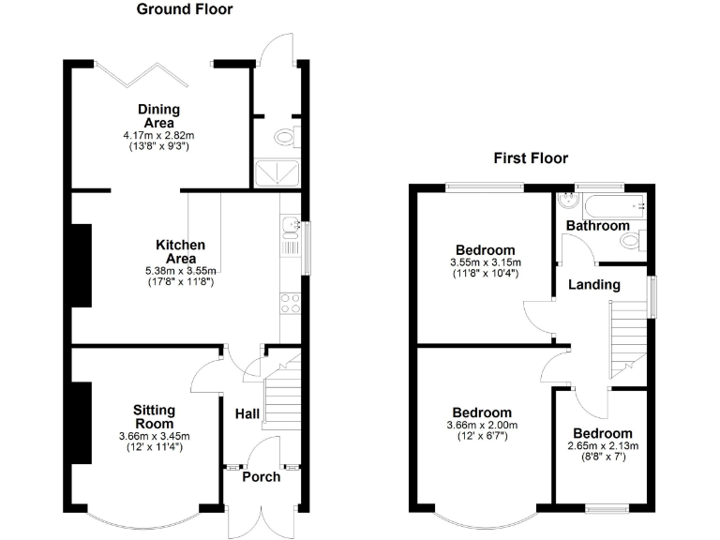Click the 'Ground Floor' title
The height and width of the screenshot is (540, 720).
click(185, 9)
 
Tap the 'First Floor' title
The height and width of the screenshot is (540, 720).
click(531, 158)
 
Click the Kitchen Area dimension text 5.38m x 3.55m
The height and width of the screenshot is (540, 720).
click(181, 271)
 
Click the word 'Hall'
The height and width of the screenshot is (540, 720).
click(247, 413)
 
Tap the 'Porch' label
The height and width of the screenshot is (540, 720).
click(262, 477)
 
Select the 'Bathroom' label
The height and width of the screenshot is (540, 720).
click(597, 226)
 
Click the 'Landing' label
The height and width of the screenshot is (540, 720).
click(593, 284)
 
